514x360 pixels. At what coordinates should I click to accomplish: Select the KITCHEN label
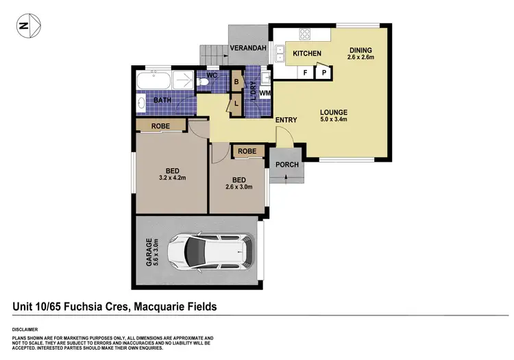click(x=307, y=53)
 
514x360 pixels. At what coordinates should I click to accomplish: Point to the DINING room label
click(x=360, y=49)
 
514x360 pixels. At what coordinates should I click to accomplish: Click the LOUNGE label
click(x=333, y=112)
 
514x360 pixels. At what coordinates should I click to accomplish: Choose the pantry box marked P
click(x=323, y=71)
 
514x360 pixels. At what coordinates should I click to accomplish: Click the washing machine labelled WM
click(x=265, y=93)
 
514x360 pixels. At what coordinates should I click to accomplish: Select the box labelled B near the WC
click(x=236, y=81)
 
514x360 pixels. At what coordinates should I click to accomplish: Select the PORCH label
click(x=286, y=165)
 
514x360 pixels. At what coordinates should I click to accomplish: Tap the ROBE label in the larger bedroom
click(x=161, y=125)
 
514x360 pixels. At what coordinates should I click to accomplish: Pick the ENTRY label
click(x=286, y=121)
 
